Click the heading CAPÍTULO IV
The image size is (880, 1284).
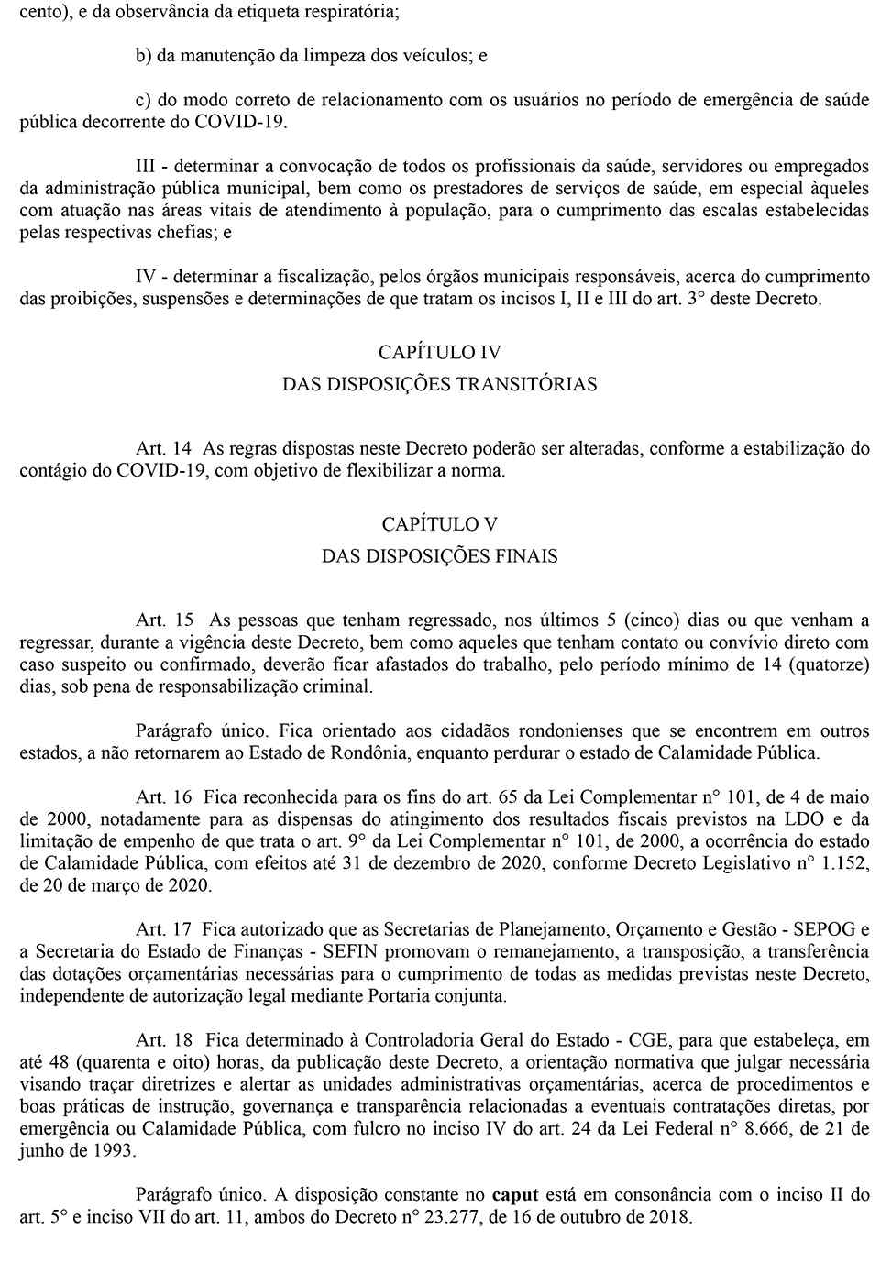(439, 352)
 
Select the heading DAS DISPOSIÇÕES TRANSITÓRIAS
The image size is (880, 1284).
(439, 384)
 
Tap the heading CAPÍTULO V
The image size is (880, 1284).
(439, 524)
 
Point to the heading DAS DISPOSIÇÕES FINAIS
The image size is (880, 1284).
(439, 556)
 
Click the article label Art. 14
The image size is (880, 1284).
(163, 449)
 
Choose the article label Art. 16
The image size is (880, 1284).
(163, 797)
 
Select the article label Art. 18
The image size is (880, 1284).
(163, 1040)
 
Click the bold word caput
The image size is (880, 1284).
(514, 1195)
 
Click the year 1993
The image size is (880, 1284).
(114, 1151)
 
